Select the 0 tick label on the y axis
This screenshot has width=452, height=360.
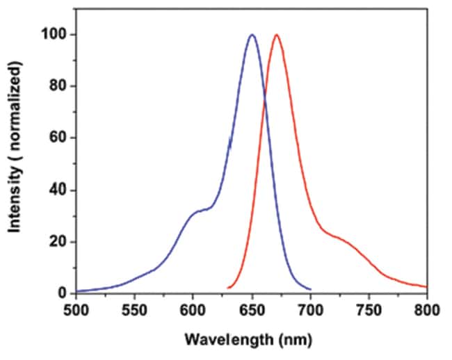pyautogui.click(x=63, y=293)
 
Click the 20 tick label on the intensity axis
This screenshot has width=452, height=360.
pyautogui.click(x=59, y=242)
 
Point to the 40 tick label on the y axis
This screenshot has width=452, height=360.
pyautogui.click(x=59, y=190)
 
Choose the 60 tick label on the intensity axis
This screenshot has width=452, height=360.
pyautogui.click(x=59, y=138)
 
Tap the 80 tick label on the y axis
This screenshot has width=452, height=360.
pyautogui.click(x=59, y=86)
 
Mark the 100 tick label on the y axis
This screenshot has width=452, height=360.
pyautogui.click(x=56, y=34)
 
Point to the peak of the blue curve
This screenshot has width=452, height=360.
pyautogui.click(x=252, y=35)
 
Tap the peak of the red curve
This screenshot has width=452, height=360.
pyautogui.click(x=277, y=35)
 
